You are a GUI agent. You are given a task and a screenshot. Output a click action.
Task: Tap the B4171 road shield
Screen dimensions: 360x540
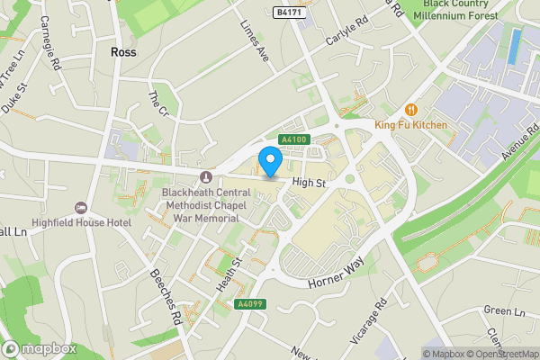(x=287, y=12)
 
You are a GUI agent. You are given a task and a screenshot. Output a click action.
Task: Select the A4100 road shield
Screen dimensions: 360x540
(x=294, y=139)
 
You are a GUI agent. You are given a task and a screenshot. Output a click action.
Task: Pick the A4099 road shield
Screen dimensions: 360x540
(x=249, y=305)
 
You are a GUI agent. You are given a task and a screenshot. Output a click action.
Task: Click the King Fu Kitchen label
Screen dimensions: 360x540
(x=411, y=124)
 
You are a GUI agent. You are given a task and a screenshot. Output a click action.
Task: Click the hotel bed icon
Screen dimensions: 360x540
(x=81, y=208)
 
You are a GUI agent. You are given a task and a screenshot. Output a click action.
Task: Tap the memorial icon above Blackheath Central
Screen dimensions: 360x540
(x=206, y=176)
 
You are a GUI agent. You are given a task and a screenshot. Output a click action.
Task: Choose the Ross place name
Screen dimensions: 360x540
(x=122, y=53)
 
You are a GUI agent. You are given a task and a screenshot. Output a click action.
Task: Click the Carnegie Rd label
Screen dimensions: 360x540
(x=51, y=54)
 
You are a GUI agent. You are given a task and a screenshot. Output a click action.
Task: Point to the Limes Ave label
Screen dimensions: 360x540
(x=251, y=42)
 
